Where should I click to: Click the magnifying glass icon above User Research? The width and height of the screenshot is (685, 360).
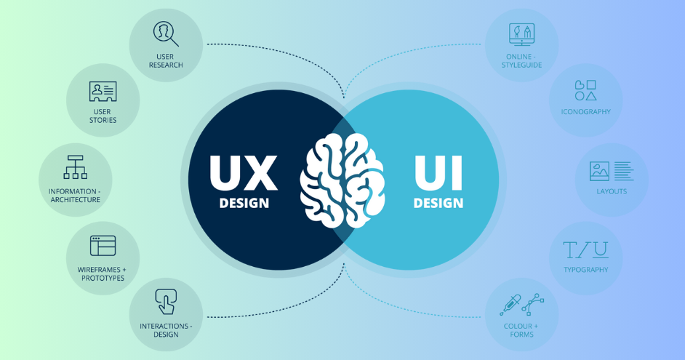(x=164, y=33)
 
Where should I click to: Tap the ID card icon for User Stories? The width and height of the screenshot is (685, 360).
(x=103, y=91)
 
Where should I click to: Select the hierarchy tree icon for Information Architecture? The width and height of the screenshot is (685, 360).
(x=75, y=167)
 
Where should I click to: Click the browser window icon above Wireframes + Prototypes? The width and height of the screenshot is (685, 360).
(x=103, y=246)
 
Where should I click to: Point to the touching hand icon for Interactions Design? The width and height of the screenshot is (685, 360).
(x=166, y=302)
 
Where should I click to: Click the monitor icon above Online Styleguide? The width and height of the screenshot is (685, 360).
(x=521, y=34)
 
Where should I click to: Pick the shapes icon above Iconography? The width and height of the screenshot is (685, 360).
(x=585, y=90)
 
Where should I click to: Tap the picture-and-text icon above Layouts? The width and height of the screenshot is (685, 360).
(x=612, y=171)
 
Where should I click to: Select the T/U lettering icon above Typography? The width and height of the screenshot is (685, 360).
(x=585, y=250)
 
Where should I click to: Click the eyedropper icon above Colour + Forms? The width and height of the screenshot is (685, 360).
(x=510, y=305)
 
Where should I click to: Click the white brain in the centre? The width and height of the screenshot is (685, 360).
(x=342, y=180)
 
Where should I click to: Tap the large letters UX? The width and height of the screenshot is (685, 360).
(x=244, y=172)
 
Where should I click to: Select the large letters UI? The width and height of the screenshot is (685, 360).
(x=438, y=172)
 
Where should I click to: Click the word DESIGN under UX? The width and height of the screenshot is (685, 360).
(x=244, y=203)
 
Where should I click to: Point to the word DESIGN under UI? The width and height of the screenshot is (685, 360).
(x=438, y=203)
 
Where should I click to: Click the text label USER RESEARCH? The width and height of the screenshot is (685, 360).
(x=166, y=61)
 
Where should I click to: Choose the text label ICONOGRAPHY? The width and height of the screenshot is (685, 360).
(x=586, y=112)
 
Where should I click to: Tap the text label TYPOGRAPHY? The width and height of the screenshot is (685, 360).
(x=586, y=270)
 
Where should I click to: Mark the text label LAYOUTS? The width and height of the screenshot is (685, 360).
(x=612, y=191)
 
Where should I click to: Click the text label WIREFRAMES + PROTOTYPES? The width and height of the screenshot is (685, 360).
(x=103, y=274)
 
